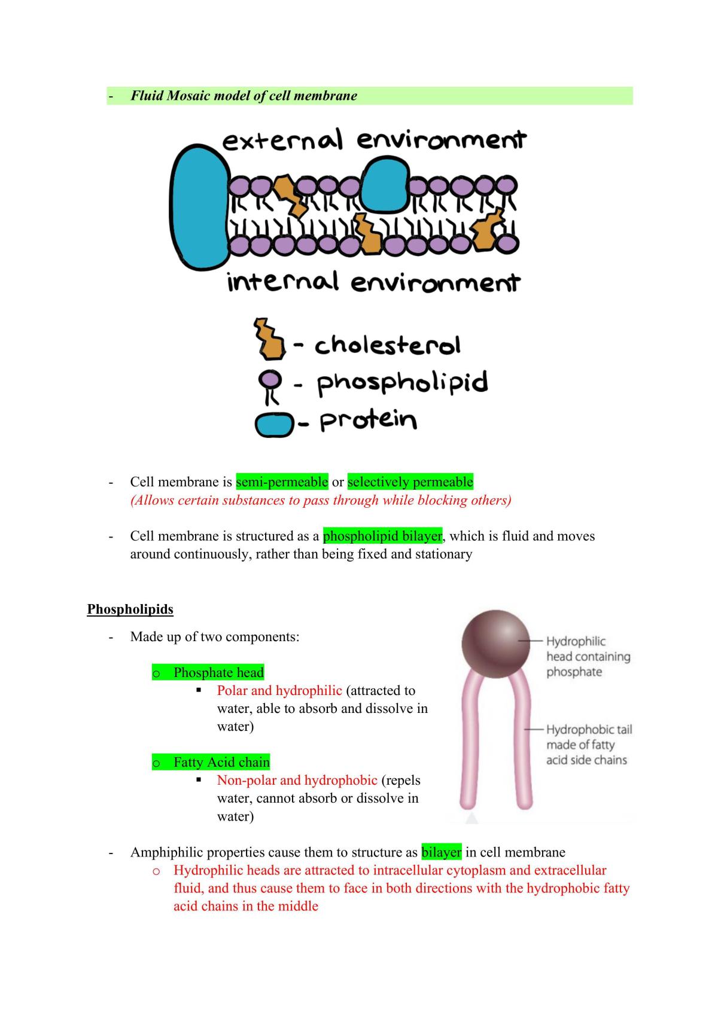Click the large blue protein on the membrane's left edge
point(200,207)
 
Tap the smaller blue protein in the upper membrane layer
point(386,184)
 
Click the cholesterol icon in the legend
point(269,339)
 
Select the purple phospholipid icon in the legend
point(270,386)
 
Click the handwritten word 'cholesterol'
point(388,345)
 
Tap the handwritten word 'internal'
point(283,281)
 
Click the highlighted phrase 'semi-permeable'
point(282,481)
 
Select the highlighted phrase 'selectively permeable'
point(410,481)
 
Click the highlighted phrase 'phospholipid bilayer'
point(382,536)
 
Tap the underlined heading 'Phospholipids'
point(130,609)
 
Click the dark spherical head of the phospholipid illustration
point(496,644)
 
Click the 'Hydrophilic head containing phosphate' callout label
point(588,657)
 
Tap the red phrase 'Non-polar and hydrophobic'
point(297,781)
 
